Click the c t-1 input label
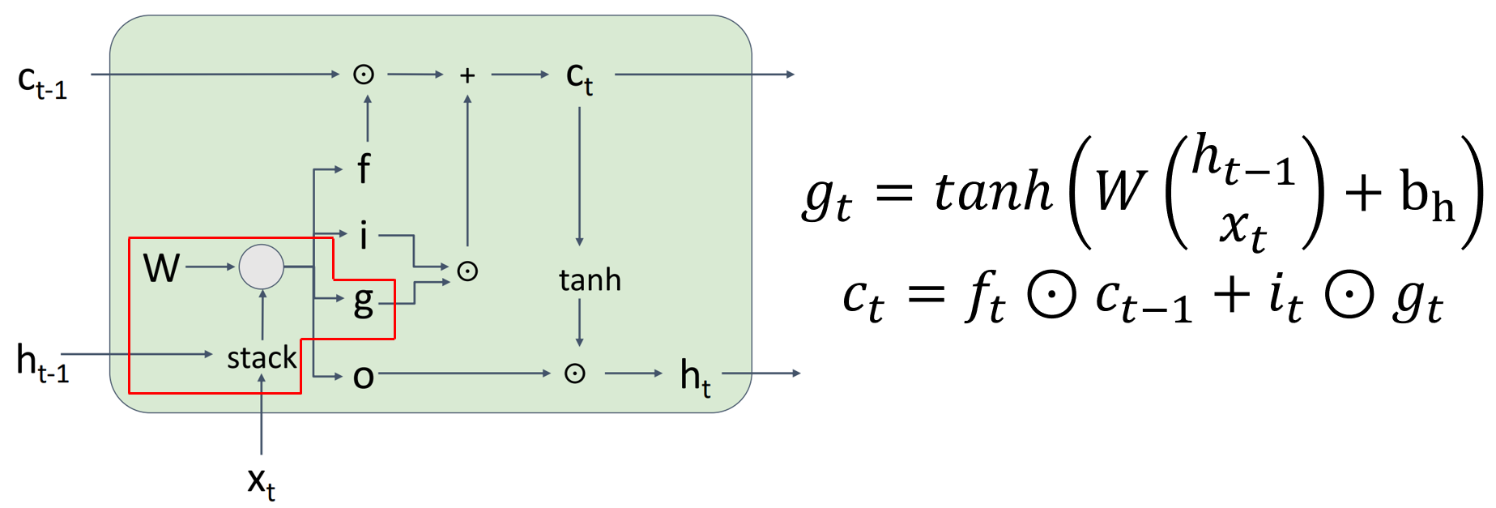[x=42, y=82]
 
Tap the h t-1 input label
[x=42, y=362]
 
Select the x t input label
[x=261, y=483]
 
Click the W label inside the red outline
[x=161, y=267]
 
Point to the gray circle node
[x=261, y=267]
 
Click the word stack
[x=262, y=357]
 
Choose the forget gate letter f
[x=364, y=169]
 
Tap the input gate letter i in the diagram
[x=364, y=236]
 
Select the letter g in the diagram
[x=364, y=301]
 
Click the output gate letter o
[x=364, y=376]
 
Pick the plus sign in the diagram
[x=467, y=75]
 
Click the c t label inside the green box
[x=579, y=79]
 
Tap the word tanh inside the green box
[x=590, y=280]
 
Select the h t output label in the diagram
[x=695, y=377]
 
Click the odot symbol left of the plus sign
[x=364, y=75]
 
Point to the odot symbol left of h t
[x=574, y=374]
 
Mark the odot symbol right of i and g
[x=467, y=271]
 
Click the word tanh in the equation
[x=993, y=192]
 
